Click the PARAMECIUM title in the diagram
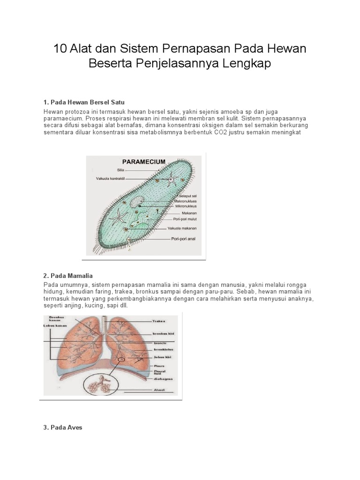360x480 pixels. coord(144,162)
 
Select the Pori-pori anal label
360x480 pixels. coord(180,238)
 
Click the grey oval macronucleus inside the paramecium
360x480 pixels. coord(137,202)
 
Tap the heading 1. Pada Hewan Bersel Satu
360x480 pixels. coord(83,102)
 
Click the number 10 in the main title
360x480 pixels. coord(61,49)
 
